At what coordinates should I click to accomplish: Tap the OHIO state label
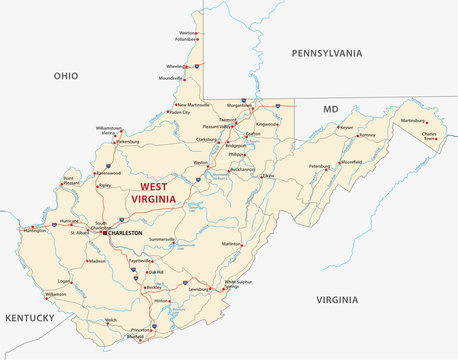click(x=66, y=75)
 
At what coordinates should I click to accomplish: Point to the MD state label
click(x=331, y=107)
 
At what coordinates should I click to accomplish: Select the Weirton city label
click(x=187, y=33)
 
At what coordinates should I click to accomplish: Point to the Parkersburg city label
click(x=127, y=142)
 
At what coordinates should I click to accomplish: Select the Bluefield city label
click(x=130, y=337)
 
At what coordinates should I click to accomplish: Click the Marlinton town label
click(x=232, y=243)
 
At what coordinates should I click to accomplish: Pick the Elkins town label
click(x=268, y=176)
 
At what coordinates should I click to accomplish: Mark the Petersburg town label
click(x=319, y=166)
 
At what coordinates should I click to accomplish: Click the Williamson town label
click(x=56, y=295)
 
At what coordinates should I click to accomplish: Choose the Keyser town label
click(x=347, y=128)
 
